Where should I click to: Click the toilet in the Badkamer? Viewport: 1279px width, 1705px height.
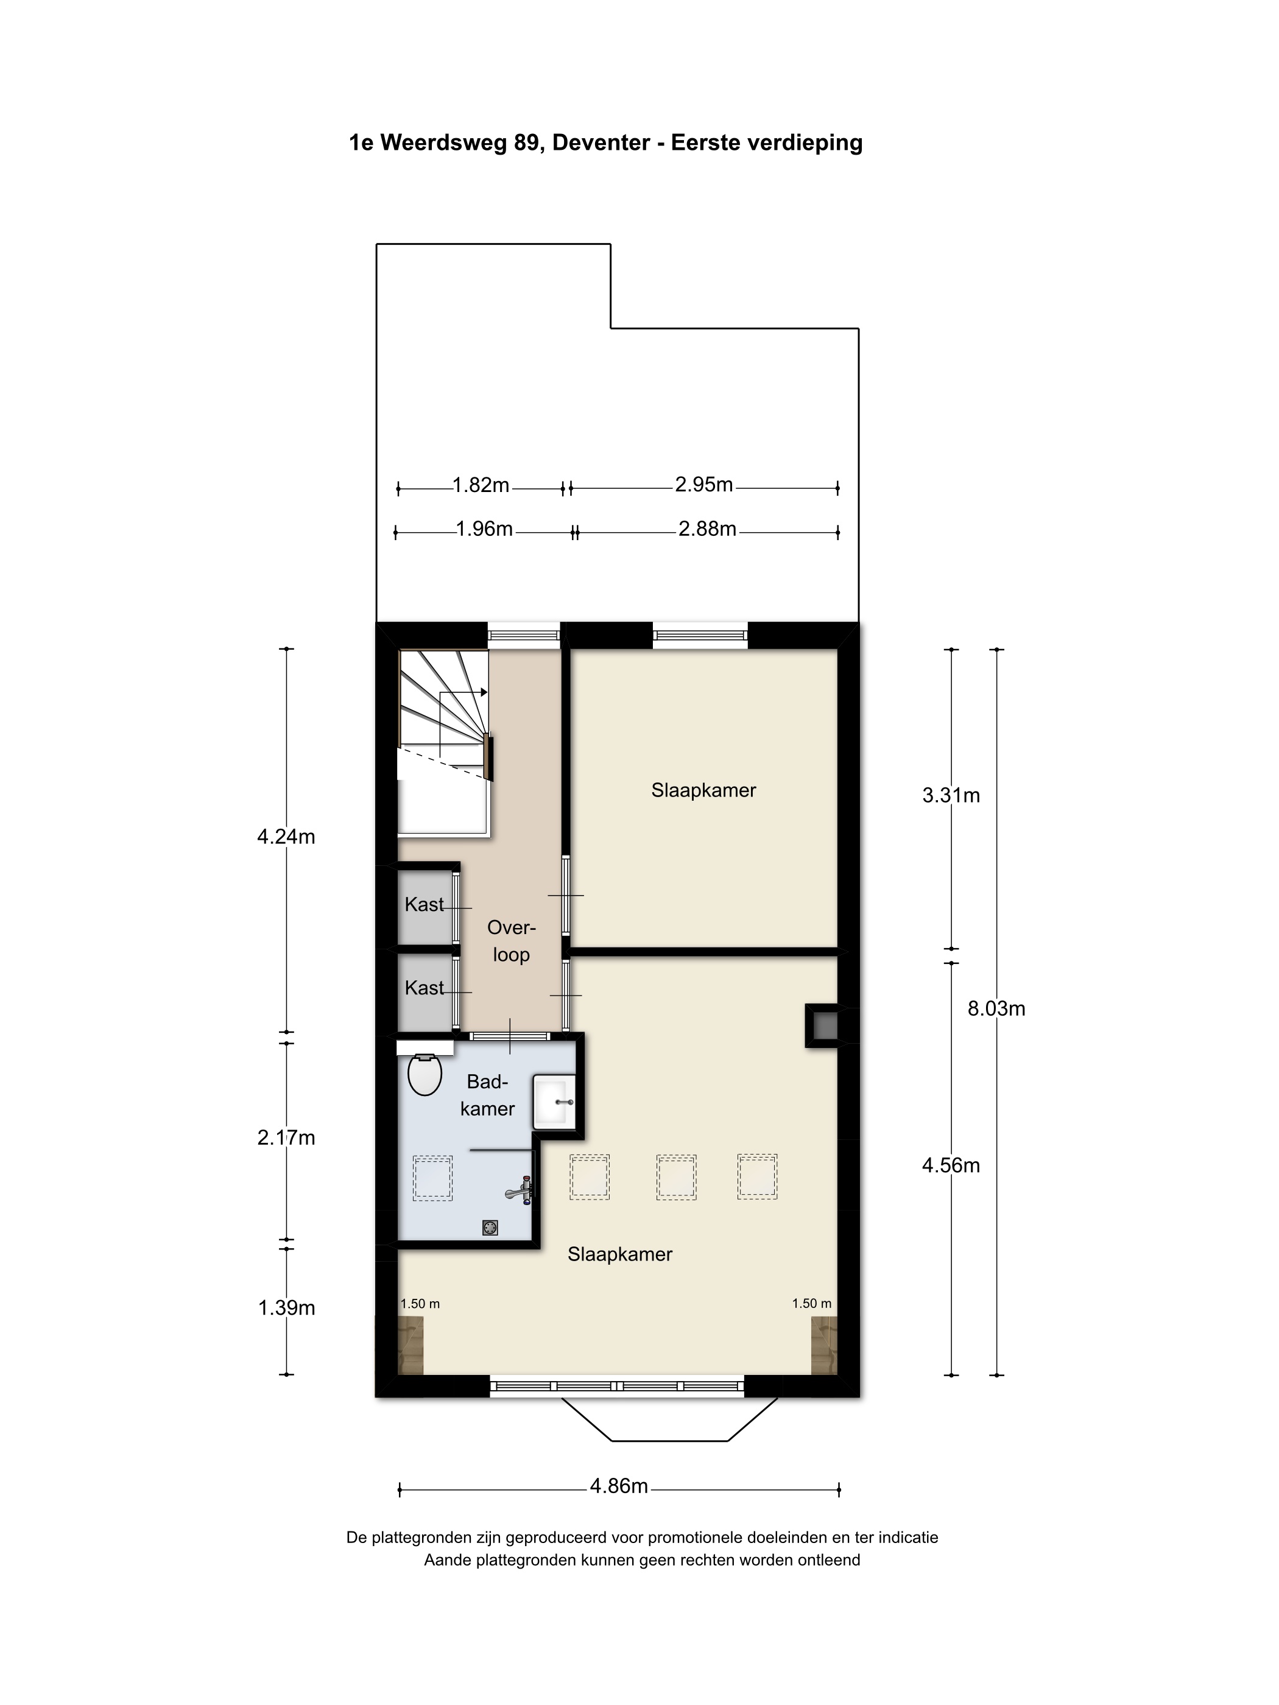[x=424, y=1075]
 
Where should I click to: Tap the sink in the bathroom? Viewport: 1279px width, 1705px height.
[x=555, y=1102]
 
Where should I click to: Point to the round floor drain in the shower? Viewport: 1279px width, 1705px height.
[x=490, y=1228]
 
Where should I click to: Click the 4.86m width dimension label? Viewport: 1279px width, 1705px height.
[x=619, y=1485]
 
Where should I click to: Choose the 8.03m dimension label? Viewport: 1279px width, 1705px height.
[x=997, y=1008]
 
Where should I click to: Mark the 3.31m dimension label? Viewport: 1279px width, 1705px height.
[x=951, y=795]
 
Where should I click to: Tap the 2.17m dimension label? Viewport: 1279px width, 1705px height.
[x=286, y=1137]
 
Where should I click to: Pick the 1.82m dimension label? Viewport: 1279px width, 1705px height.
[x=481, y=485]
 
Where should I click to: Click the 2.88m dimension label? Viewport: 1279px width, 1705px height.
[x=708, y=529]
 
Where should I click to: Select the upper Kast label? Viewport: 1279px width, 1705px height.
[x=425, y=904]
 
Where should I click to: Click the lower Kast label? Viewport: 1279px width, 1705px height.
[x=425, y=988]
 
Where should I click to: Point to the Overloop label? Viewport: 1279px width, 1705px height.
[x=511, y=941]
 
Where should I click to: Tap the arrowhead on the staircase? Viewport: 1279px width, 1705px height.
[x=484, y=692]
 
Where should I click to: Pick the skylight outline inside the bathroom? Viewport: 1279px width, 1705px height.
[x=432, y=1178]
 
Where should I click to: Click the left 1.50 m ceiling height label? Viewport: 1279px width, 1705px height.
[x=420, y=1304]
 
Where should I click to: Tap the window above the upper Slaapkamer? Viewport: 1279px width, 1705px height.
[x=700, y=636]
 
